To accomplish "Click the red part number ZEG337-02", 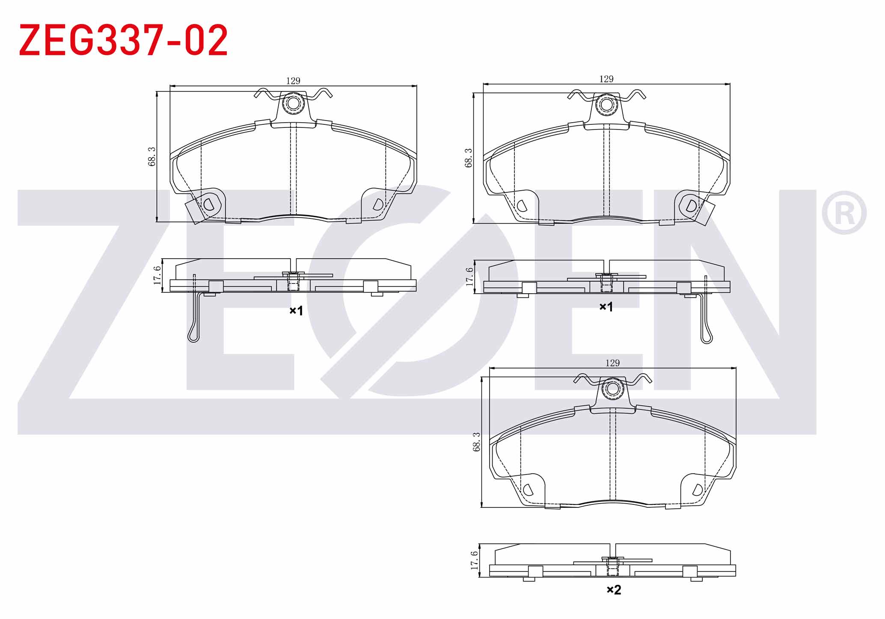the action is coord(124,41).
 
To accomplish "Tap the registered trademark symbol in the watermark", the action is coord(844,213).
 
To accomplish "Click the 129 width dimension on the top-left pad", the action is coord(293,81).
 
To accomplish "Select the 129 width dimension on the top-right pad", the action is coord(606,79).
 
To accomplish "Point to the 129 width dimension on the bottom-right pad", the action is coord(612,363).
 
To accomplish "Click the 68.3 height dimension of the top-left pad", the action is coord(152,156).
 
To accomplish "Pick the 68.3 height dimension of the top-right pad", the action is coord(469,158).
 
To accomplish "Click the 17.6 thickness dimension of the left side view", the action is coord(157,275).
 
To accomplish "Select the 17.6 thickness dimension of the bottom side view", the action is coord(474,560).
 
